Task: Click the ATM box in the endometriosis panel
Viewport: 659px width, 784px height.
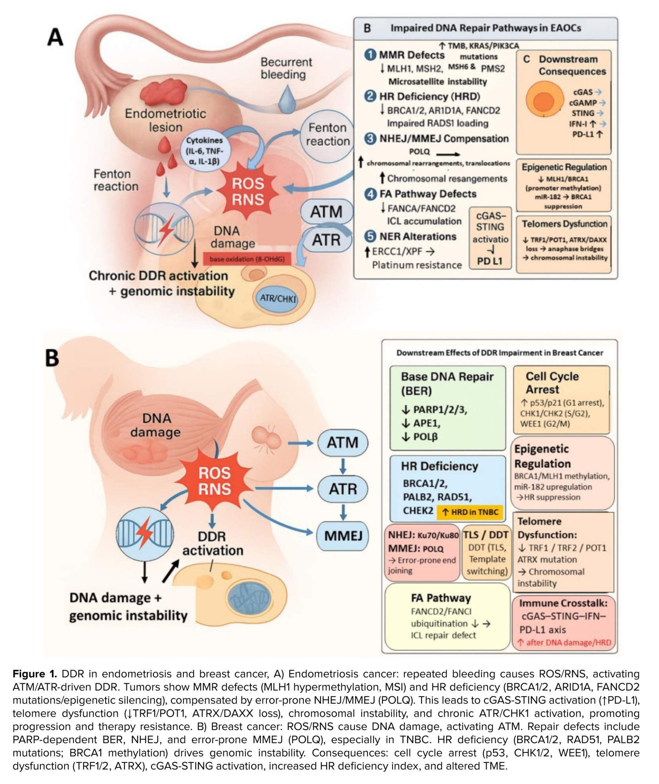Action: click(327, 212)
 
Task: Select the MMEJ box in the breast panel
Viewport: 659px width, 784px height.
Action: click(343, 536)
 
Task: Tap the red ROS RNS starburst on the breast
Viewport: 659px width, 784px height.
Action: click(214, 481)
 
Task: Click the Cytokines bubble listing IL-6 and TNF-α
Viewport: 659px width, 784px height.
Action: click(204, 151)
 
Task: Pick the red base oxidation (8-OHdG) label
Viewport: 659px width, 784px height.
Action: click(247, 259)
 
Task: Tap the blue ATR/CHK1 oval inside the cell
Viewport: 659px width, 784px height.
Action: click(278, 298)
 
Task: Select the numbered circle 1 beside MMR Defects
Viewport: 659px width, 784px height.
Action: click(370, 54)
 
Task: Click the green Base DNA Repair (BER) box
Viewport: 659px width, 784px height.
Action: click(447, 408)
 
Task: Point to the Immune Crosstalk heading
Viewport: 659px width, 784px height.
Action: click(563, 603)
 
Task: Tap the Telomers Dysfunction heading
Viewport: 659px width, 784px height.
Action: click(564, 224)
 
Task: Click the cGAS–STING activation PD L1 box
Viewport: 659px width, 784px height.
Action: click(490, 238)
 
